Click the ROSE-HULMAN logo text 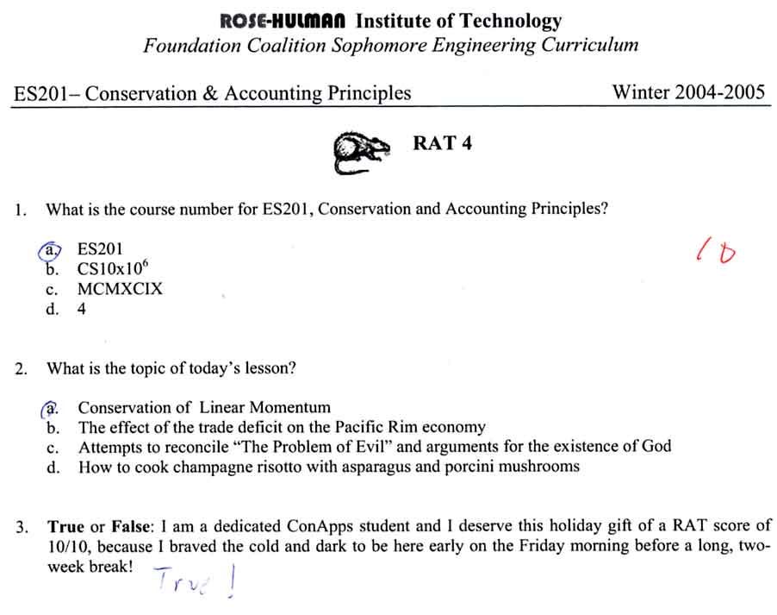(284, 21)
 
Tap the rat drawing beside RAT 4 (360, 150)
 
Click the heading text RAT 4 (442, 143)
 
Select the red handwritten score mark (716, 252)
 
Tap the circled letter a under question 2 (53, 407)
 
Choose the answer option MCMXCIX (120, 289)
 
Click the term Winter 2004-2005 (688, 92)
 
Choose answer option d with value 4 (82, 310)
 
